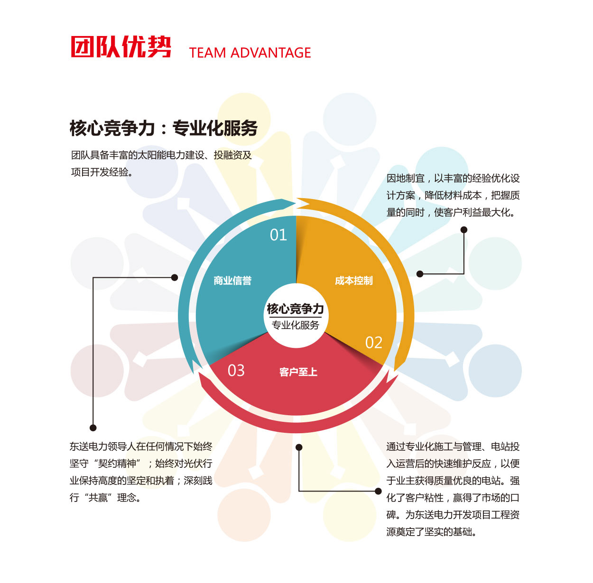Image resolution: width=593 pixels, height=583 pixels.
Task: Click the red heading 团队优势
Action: pyautogui.click(x=120, y=47)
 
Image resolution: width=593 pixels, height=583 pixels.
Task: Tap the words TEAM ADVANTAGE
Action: pyautogui.click(x=250, y=53)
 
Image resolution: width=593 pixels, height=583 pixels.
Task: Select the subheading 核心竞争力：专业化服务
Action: pyautogui.click(x=164, y=128)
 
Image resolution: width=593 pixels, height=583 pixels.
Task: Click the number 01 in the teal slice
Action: pyautogui.click(x=278, y=235)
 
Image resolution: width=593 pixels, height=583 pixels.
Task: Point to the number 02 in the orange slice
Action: pyautogui.click(x=374, y=343)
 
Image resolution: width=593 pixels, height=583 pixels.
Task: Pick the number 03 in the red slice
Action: pyautogui.click(x=236, y=370)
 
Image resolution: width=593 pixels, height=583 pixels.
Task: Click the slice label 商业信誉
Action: pyautogui.click(x=232, y=281)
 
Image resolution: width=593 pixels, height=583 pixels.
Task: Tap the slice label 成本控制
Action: pyautogui.click(x=354, y=281)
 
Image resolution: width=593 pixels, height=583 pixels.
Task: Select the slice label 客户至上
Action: pyautogui.click(x=298, y=372)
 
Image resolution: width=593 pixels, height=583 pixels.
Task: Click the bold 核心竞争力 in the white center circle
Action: pyautogui.click(x=296, y=309)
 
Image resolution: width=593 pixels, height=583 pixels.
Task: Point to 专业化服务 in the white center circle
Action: pyautogui.click(x=296, y=325)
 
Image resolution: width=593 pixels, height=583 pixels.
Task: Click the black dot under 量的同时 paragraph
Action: pyautogui.click(x=464, y=230)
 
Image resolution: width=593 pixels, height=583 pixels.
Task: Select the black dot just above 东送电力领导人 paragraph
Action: pyautogui.click(x=93, y=428)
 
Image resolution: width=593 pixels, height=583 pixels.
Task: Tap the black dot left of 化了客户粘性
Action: pyautogui.click(x=378, y=491)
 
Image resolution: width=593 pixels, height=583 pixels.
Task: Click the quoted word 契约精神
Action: pyautogui.click(x=117, y=464)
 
